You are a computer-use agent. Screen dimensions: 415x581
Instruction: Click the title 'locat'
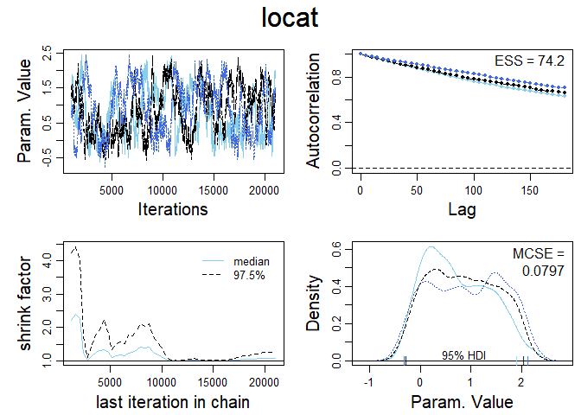[x=290, y=18]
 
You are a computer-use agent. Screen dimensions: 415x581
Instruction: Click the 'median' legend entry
[x=249, y=260]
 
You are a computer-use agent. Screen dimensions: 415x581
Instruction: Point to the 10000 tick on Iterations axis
[x=163, y=189]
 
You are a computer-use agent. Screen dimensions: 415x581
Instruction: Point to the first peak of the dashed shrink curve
[x=75, y=247]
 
